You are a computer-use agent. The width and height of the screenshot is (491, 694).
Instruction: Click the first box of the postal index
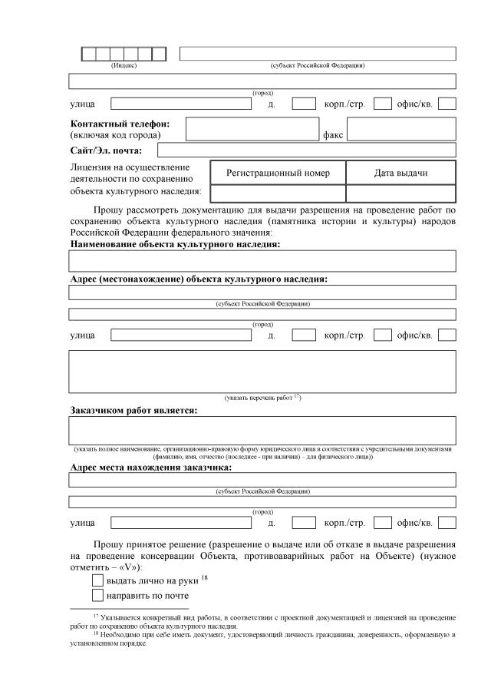click(89, 54)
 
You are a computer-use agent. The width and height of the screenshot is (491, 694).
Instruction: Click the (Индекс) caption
click(124, 65)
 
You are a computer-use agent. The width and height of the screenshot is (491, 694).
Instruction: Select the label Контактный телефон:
click(120, 123)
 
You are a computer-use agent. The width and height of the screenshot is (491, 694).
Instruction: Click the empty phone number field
click(252, 129)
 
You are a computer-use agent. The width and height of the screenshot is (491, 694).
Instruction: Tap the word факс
click(332, 135)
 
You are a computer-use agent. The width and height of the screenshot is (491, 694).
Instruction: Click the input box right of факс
click(401, 129)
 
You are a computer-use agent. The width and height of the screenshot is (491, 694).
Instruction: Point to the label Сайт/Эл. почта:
click(111, 150)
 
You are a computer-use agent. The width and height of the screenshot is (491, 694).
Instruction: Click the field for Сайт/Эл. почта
click(306, 150)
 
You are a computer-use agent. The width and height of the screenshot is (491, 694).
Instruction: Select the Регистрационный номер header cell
click(278, 173)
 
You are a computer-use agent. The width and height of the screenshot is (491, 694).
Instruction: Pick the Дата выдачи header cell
click(400, 173)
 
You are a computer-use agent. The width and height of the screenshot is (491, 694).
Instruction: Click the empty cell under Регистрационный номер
click(278, 193)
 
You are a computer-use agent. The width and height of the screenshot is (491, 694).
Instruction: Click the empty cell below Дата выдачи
click(400, 193)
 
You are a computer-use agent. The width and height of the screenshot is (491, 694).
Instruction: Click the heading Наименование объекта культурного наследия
click(175, 244)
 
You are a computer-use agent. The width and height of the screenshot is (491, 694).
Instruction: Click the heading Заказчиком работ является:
click(133, 410)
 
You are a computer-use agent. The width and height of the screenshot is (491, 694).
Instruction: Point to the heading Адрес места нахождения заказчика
click(150, 467)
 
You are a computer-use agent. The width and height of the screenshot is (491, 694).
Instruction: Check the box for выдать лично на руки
click(97, 580)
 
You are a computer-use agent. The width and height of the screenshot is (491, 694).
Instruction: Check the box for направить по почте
click(97, 595)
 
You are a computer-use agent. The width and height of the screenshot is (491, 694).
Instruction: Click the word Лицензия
click(91, 166)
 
